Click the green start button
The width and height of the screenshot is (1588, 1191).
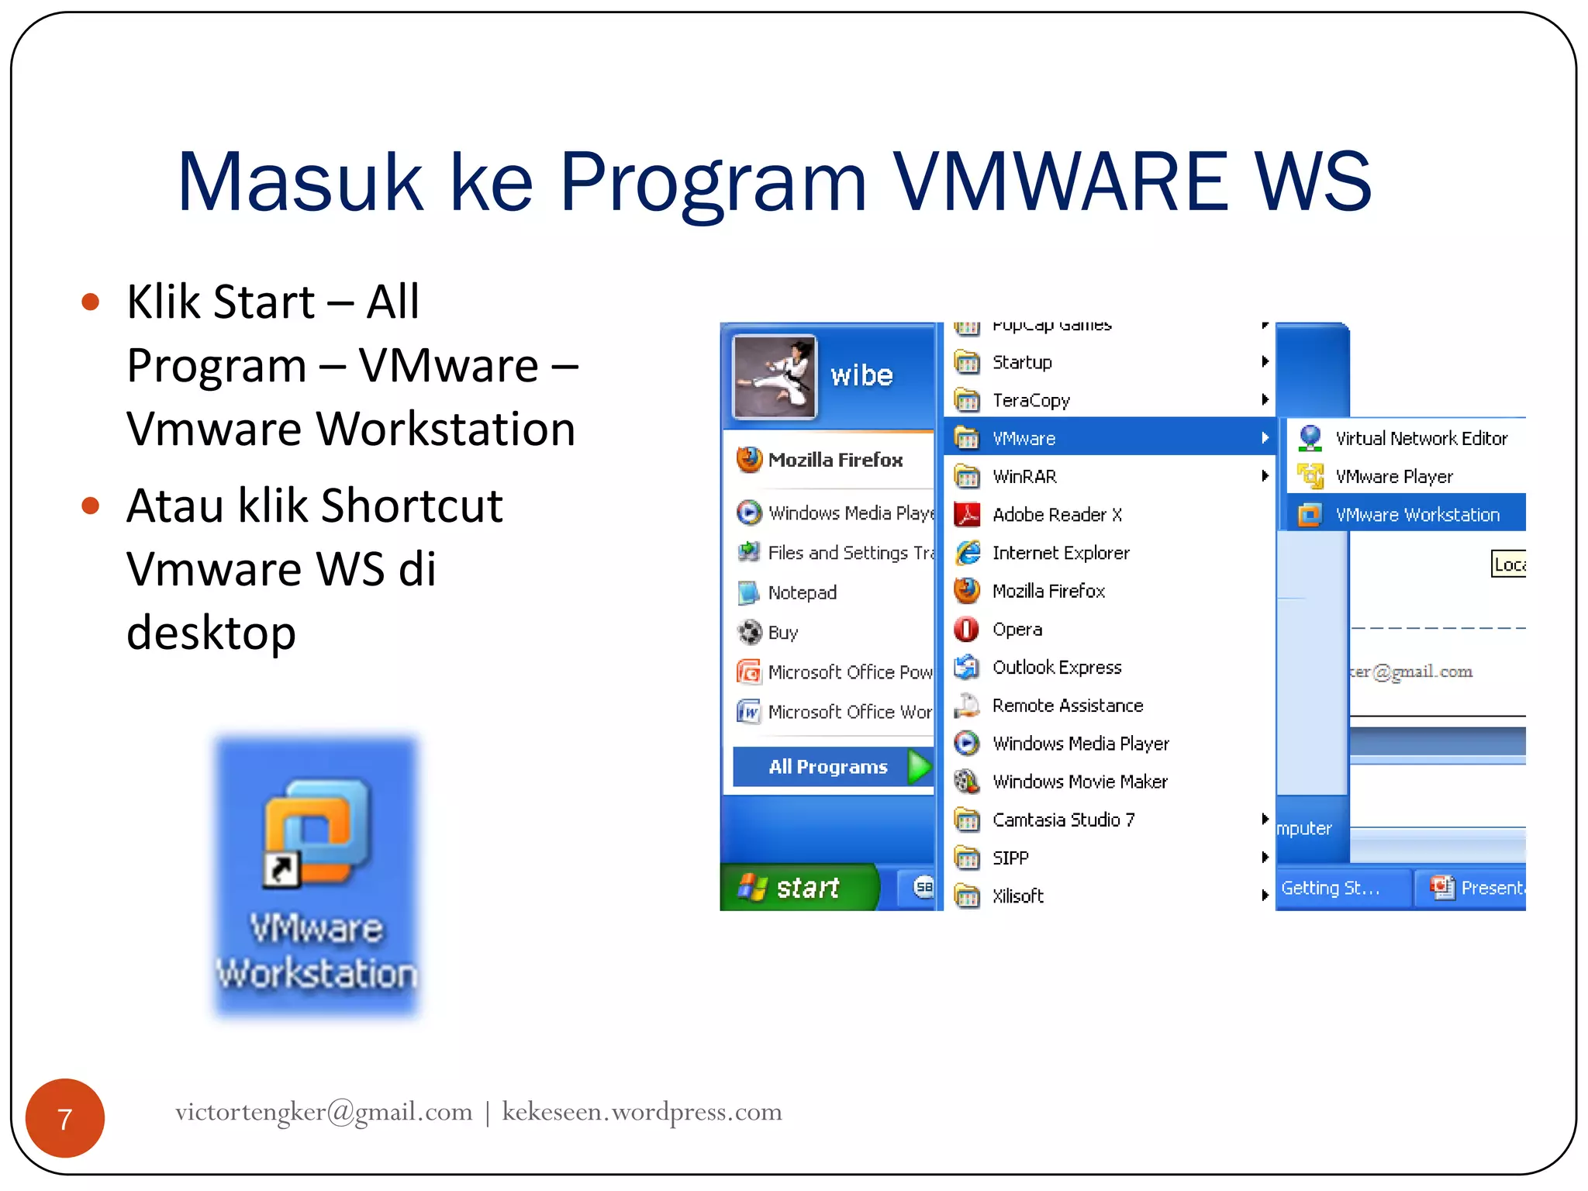pyautogui.click(x=799, y=887)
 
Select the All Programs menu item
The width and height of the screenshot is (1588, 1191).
pyautogui.click(x=829, y=767)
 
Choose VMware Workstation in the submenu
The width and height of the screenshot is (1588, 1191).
pyautogui.click(x=1416, y=514)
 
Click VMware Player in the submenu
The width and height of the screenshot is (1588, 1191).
pyautogui.click(x=1393, y=476)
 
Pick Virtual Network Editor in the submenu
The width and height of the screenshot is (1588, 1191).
pyautogui.click(x=1421, y=438)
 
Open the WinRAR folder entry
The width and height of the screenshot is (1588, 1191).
pyautogui.click(x=1024, y=476)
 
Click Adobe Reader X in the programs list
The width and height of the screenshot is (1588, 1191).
pyautogui.click(x=1056, y=514)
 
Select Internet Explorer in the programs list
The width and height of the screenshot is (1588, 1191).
pyautogui.click(x=1060, y=553)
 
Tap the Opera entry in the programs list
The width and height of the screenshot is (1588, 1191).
pyautogui.click(x=1017, y=629)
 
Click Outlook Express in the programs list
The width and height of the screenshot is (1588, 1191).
pyautogui.click(x=1056, y=667)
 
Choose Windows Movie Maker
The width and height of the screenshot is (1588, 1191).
pyautogui.click(x=1079, y=782)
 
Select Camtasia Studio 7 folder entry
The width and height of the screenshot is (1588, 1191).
pyautogui.click(x=1063, y=820)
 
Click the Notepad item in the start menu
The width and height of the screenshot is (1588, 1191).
pyautogui.click(x=802, y=592)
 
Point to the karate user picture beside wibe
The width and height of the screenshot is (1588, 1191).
pyautogui.click(x=775, y=377)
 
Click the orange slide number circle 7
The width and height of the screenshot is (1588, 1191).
pyautogui.click(x=65, y=1118)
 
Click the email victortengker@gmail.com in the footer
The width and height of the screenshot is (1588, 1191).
pyautogui.click(x=323, y=1112)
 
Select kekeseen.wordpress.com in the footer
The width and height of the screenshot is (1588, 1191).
pyautogui.click(x=641, y=1112)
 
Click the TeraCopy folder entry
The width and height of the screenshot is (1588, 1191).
pyautogui.click(x=1030, y=400)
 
